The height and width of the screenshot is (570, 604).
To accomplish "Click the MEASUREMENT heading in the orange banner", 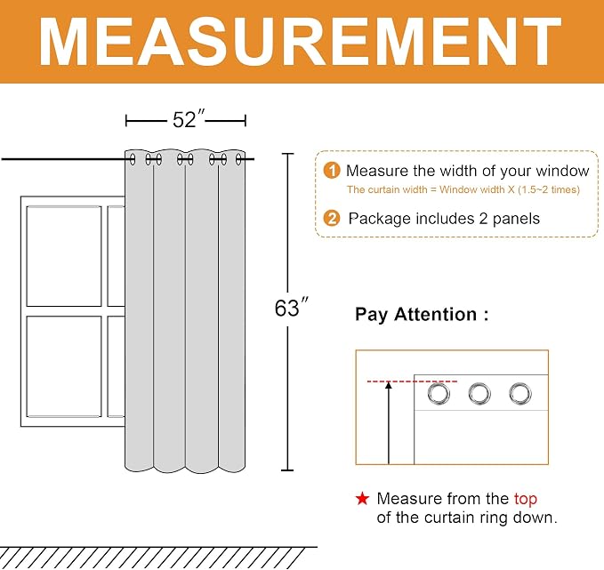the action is [300, 41].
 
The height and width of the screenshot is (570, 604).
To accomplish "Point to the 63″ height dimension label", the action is [292, 308].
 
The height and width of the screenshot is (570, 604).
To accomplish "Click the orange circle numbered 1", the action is [332, 170].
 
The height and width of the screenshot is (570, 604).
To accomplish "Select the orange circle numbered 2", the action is [332, 219].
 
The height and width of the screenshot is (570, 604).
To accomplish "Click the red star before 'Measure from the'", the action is [362, 498].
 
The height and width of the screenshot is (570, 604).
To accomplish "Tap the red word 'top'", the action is [526, 499].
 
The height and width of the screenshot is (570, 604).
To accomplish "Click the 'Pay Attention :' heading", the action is [422, 314].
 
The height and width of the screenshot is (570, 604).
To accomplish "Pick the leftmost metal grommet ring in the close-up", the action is [439, 394].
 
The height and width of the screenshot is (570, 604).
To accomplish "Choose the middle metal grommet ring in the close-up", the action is [479, 394].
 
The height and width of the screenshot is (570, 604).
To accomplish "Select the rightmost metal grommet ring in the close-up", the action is [520, 394].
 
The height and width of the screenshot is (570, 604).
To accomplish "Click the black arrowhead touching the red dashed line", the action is [389, 385].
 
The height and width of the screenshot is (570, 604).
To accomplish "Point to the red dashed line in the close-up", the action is [412, 381].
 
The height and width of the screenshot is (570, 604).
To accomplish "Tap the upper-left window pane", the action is [64, 256].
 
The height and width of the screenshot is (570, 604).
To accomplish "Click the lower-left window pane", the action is [64, 366].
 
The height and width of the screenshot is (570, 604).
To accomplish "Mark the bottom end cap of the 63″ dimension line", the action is [287, 470].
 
